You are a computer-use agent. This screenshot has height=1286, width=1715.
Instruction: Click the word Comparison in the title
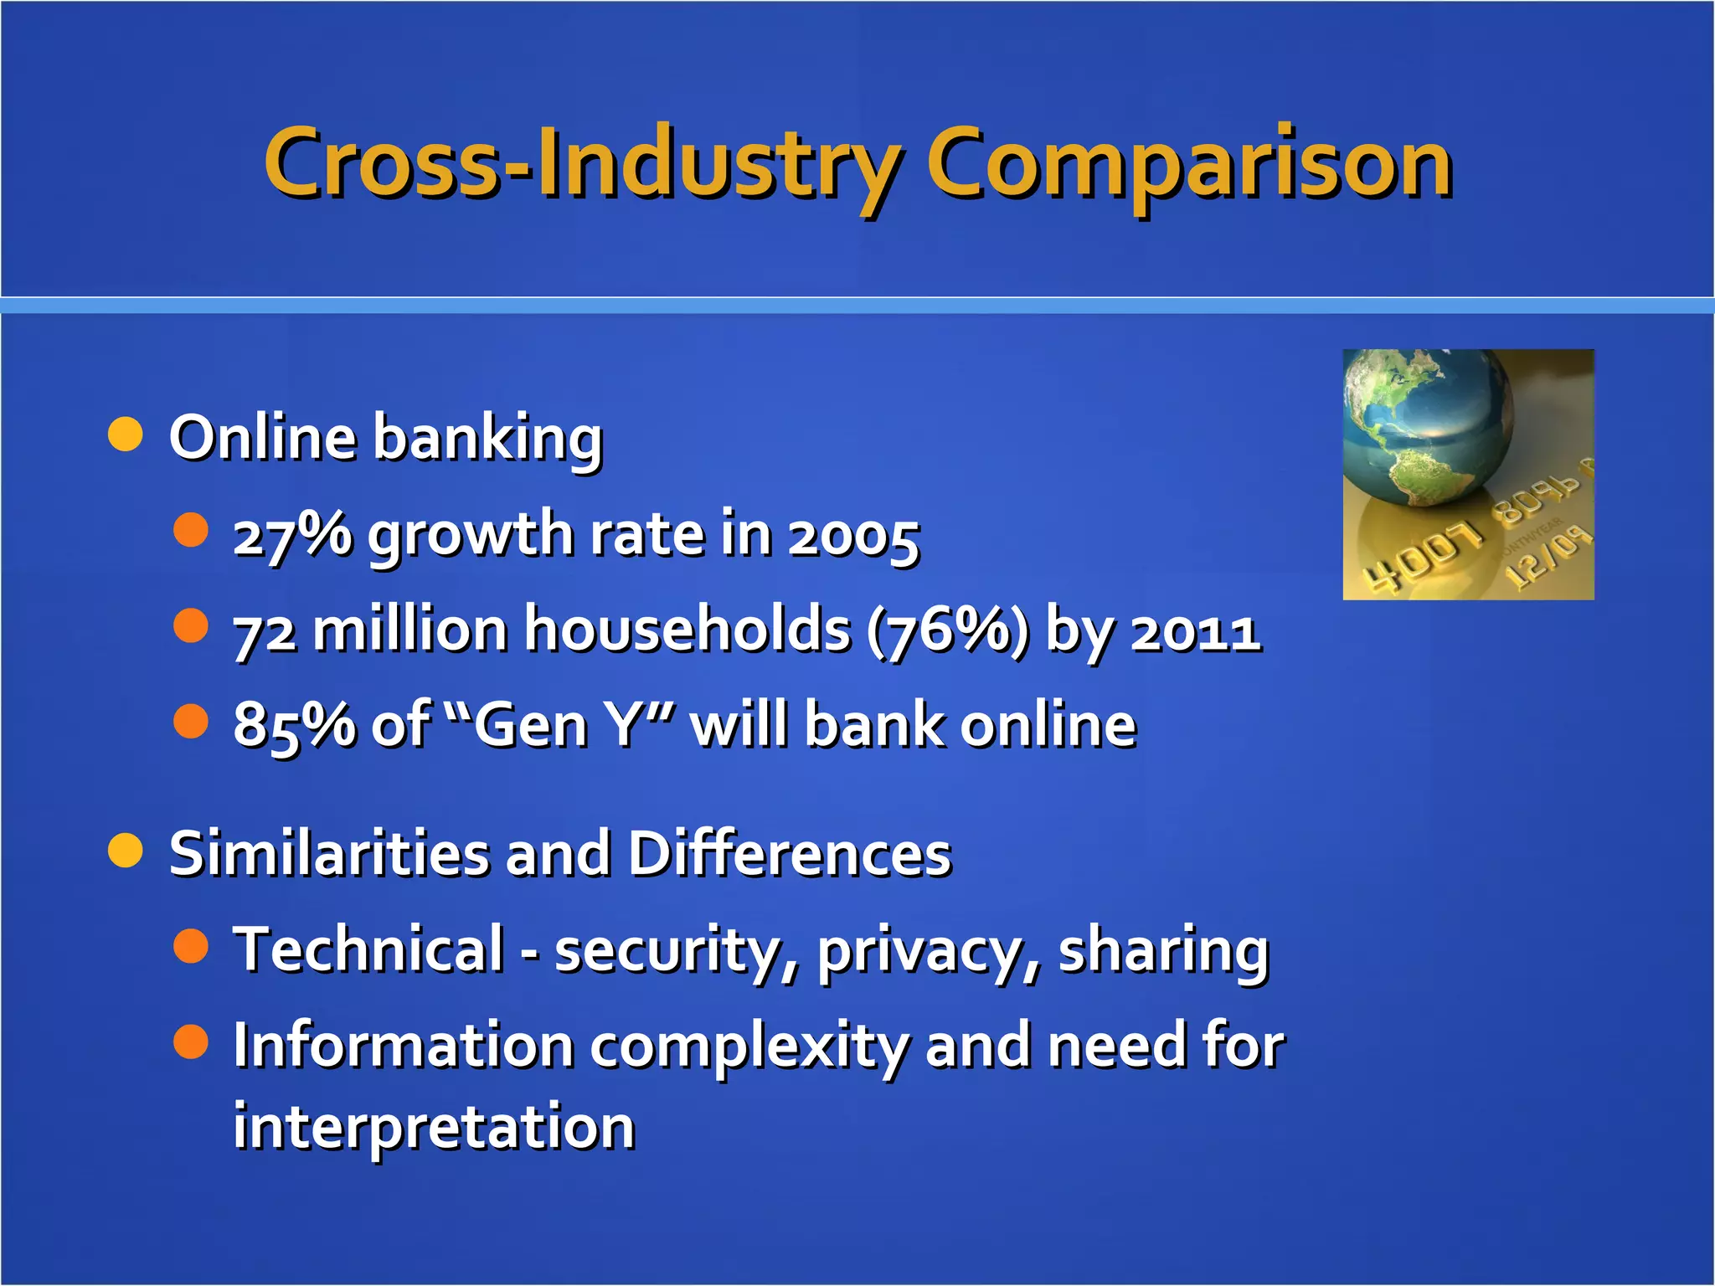tap(1189, 165)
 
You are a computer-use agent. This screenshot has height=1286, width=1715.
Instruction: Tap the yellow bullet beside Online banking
tap(126, 435)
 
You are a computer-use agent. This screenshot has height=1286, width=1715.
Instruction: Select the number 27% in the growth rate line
tap(292, 534)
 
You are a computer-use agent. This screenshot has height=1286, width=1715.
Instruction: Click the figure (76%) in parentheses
tap(947, 630)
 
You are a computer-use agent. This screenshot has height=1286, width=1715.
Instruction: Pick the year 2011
tap(1196, 632)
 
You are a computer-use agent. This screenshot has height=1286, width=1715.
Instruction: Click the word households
tap(687, 630)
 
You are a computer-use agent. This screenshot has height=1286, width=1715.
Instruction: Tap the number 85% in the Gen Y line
tap(292, 725)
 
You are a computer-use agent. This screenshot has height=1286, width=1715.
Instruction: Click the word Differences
tap(790, 854)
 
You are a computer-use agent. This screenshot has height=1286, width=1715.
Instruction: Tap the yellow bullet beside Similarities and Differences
tap(126, 851)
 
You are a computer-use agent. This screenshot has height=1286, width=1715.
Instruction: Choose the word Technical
tap(368, 949)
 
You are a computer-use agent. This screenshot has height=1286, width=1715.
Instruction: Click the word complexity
tap(749, 1047)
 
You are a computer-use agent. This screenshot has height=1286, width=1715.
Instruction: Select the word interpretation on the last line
tap(434, 1127)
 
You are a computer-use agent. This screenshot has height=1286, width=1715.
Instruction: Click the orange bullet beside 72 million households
tap(191, 625)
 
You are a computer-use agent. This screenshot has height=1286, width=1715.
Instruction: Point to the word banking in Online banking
tap(487, 438)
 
